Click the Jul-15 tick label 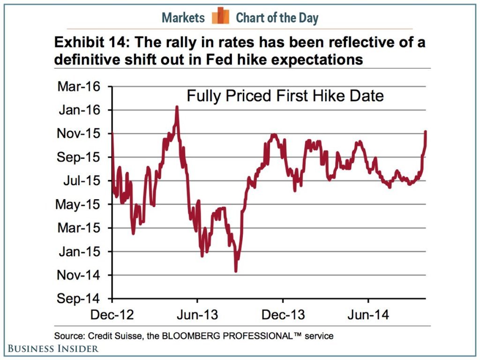[x=81, y=180]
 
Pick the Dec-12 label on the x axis [x=112, y=315]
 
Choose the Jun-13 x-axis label [x=197, y=315]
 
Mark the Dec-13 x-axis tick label [x=283, y=315]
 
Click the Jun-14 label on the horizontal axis [x=368, y=315]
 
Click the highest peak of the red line [x=177, y=107]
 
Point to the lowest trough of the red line [x=236, y=271]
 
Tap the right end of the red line [x=426, y=132]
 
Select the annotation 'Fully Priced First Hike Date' [x=285, y=96]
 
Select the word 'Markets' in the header [x=183, y=18]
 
